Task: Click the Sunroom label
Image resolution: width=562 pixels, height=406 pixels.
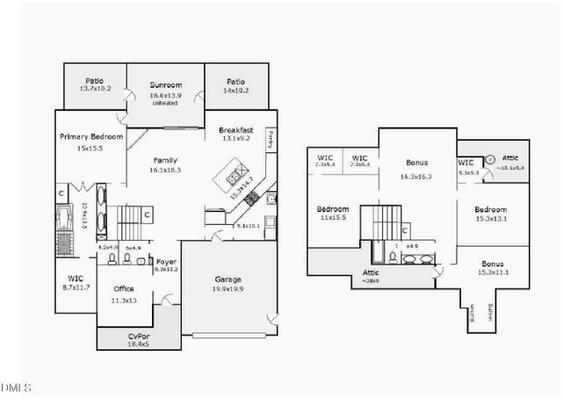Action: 165,84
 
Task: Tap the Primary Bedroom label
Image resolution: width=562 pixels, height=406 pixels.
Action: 91,137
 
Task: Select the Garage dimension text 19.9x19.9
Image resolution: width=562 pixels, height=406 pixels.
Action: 228,289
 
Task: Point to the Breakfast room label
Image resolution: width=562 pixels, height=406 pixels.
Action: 236,130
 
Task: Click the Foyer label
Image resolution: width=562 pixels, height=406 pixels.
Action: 167,261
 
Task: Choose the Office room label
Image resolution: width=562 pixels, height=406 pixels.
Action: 124,288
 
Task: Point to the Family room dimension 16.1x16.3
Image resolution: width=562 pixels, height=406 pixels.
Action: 165,170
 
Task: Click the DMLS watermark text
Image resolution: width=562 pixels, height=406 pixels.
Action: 16,388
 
